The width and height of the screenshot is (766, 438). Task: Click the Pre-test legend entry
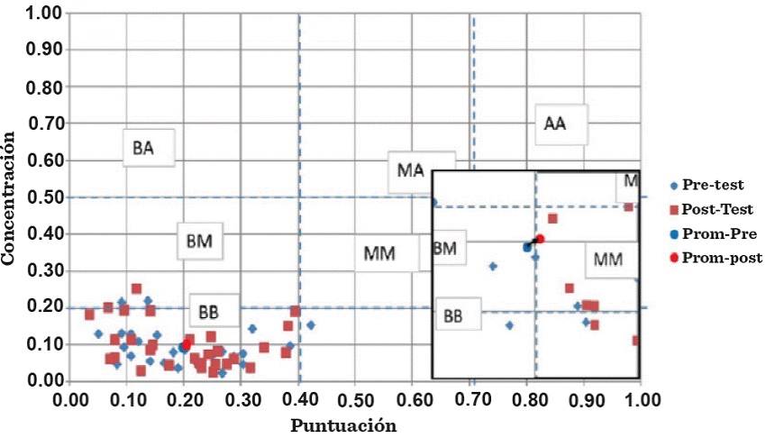[712, 187]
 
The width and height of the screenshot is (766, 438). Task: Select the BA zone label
[142, 149]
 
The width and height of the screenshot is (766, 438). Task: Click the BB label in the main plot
[208, 312]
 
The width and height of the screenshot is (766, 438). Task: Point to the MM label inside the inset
[609, 260]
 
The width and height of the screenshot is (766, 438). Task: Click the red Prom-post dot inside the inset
[540, 239]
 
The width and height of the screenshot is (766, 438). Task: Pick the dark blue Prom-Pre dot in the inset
[527, 246]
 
